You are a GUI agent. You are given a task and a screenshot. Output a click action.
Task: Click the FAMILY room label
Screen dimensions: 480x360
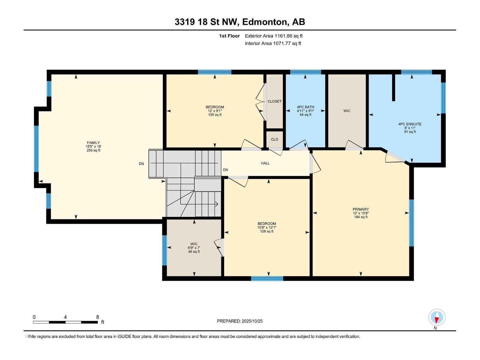93,142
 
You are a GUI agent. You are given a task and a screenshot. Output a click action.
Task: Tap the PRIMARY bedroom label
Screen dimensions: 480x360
361,209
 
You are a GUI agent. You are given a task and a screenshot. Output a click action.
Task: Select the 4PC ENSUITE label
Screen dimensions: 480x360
410,124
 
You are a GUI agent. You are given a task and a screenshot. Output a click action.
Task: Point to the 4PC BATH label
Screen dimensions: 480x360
305,107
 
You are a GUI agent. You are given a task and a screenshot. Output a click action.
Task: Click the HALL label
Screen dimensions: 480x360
265,163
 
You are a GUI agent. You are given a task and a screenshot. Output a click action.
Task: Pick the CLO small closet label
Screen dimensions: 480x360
274,139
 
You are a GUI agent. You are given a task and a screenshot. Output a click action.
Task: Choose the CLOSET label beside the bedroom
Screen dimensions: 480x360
274,101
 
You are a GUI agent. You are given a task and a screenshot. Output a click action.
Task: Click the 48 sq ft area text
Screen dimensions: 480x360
194,252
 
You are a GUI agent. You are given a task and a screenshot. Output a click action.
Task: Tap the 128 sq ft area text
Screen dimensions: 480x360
267,231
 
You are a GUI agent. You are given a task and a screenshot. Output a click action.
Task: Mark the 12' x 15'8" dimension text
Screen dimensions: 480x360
361,213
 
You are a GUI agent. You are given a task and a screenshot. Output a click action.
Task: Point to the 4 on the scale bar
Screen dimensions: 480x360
65,317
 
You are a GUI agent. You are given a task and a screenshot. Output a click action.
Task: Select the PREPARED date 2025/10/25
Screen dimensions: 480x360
252,321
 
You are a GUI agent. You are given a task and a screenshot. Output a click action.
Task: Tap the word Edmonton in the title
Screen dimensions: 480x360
264,22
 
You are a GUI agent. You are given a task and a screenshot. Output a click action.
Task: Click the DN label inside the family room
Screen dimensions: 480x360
141,164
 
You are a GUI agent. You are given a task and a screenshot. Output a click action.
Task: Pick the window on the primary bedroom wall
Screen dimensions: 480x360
411,223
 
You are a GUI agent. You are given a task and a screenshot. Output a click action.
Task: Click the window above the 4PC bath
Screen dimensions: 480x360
305,72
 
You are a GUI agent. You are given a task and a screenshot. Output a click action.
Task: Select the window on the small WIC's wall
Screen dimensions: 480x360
164,250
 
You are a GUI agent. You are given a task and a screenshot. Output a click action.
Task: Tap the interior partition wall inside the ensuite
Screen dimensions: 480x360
393,87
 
